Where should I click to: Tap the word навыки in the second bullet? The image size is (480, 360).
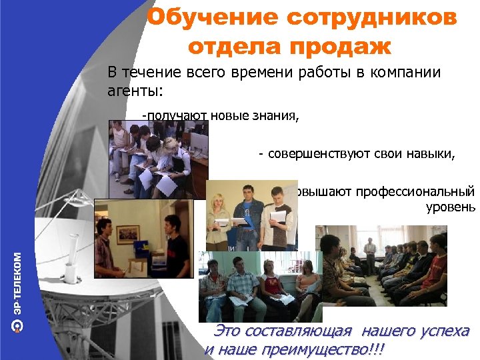pyautogui.click(x=433, y=155)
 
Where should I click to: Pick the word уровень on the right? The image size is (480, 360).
pyautogui.click(x=450, y=207)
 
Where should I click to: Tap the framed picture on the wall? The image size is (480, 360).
pyautogui.click(x=126, y=234)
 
